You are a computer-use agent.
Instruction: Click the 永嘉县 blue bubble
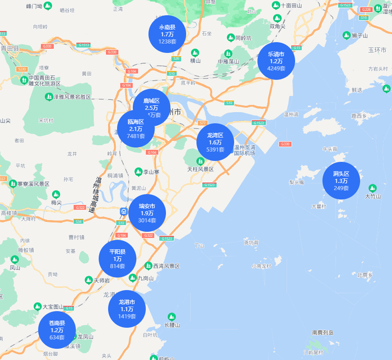[x=167, y=34]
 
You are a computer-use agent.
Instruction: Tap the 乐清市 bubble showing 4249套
[x=277, y=61]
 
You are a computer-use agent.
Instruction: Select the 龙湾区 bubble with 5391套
[x=215, y=142]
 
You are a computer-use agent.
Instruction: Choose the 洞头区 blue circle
[x=340, y=180]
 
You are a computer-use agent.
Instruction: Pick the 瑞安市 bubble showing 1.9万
[x=147, y=213]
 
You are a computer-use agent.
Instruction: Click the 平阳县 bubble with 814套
[x=117, y=259]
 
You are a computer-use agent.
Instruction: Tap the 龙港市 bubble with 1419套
[x=127, y=309]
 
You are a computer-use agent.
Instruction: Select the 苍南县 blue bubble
[x=57, y=330]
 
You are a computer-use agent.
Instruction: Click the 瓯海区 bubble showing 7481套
[x=136, y=129]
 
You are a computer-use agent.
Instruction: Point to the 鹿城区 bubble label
[x=152, y=101]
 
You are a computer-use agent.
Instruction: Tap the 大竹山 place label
[x=372, y=197]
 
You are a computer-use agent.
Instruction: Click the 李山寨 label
[x=151, y=172]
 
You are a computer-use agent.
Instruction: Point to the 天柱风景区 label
[x=200, y=169]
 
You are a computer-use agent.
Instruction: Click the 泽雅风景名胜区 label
[x=72, y=97]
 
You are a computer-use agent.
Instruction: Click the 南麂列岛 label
[x=323, y=333]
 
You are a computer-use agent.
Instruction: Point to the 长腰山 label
[x=172, y=325]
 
